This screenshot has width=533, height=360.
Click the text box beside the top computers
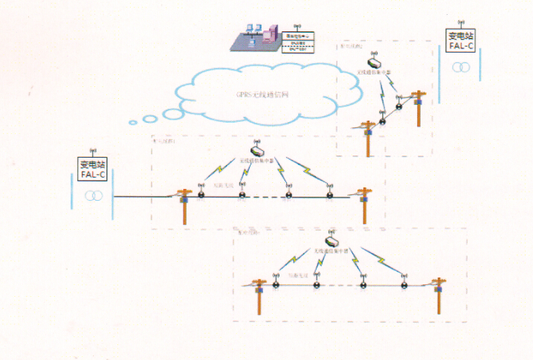click(299, 40)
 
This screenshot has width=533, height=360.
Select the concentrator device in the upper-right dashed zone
click(372, 63)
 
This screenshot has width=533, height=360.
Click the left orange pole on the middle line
click(185, 205)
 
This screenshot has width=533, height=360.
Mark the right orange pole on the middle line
click(364, 204)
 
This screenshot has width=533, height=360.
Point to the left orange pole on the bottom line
click(260, 293)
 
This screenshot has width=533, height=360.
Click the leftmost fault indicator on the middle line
click(201, 196)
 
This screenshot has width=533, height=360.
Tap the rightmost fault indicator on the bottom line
click(404, 283)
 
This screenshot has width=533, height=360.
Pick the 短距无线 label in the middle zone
click(223, 184)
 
